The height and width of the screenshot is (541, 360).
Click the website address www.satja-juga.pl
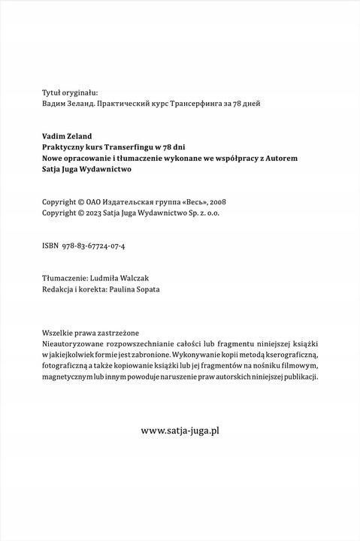point(180,431)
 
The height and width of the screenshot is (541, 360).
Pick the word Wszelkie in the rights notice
point(59,331)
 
